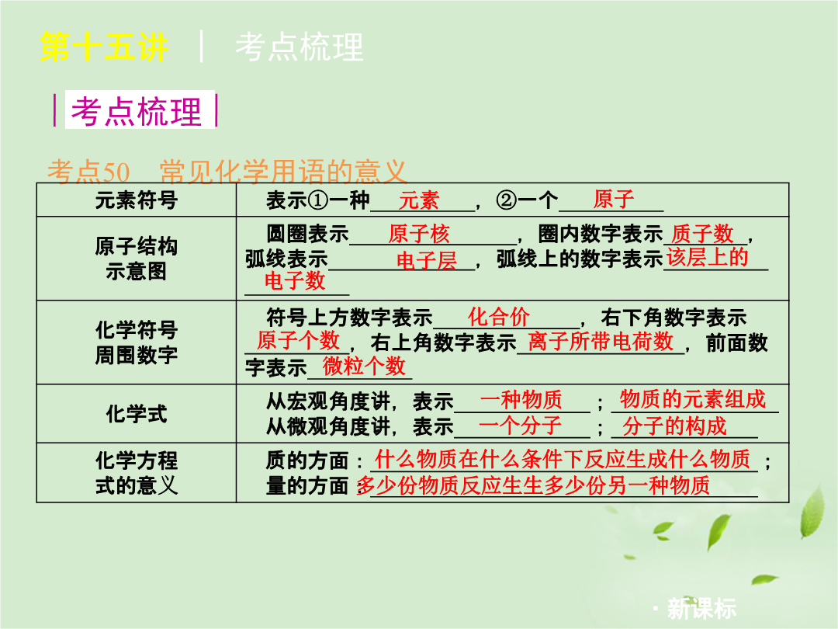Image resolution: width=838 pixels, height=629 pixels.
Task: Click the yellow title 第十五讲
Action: (x=104, y=47)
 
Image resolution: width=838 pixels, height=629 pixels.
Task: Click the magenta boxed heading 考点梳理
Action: (x=137, y=112)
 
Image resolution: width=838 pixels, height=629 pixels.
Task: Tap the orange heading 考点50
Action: (x=88, y=172)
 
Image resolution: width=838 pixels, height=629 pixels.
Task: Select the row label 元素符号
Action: (x=137, y=200)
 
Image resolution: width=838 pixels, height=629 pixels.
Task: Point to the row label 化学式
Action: (x=137, y=413)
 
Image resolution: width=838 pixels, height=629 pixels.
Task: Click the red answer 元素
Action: (x=418, y=200)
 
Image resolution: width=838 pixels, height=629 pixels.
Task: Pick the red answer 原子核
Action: (x=419, y=234)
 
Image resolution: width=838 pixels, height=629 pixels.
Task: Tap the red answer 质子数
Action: (x=701, y=234)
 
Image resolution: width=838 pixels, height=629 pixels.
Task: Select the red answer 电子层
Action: (x=427, y=260)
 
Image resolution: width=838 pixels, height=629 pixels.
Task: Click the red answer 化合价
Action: (x=499, y=317)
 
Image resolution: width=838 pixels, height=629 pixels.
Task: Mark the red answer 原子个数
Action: (x=298, y=340)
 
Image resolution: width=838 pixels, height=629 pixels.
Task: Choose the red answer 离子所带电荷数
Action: (x=600, y=341)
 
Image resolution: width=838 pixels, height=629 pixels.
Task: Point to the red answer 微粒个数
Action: (x=364, y=366)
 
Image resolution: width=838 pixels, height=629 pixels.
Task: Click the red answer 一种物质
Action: (x=521, y=400)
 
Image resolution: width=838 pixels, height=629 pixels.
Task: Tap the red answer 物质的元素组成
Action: (x=693, y=399)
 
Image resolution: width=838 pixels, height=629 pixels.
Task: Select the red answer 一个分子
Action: (x=520, y=426)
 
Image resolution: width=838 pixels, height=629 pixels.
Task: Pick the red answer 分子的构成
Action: (x=674, y=426)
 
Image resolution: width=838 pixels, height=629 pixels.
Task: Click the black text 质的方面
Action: (x=307, y=460)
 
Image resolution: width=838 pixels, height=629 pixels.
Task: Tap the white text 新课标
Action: (x=701, y=608)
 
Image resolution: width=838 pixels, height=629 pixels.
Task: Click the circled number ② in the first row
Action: (x=507, y=200)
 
